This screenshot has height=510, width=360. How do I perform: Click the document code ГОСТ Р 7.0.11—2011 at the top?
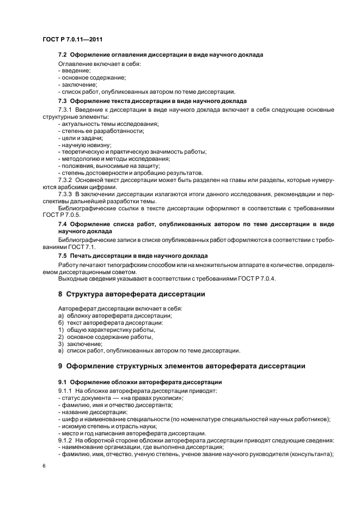coord(72,39)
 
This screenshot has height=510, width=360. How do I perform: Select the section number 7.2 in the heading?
coord(63,55)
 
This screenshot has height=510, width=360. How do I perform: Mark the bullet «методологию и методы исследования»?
coord(114,159)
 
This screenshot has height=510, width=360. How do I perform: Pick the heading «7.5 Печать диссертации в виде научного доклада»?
coord(132,255)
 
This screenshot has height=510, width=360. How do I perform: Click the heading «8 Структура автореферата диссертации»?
coord(131,294)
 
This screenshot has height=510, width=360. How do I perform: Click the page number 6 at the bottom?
coord(44,466)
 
